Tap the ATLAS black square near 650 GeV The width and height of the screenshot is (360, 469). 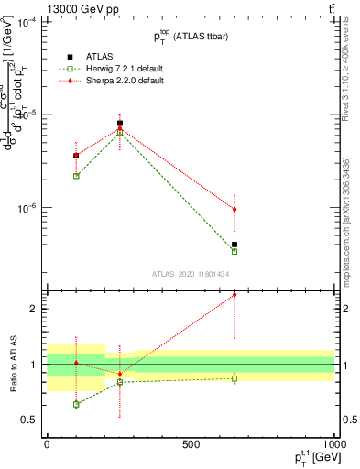click(235, 245)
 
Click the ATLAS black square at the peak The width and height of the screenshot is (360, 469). click(120, 123)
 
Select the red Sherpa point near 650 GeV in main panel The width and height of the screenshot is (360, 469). click(235, 209)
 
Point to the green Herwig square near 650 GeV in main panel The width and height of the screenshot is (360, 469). click(235, 251)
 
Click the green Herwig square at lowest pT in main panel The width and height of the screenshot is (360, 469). click(76, 175)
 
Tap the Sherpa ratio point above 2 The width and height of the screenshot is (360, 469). click(235, 294)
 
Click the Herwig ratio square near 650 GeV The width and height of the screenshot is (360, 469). click(235, 378)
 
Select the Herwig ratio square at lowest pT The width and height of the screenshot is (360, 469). click(76, 404)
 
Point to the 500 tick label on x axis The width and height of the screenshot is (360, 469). click(191, 443)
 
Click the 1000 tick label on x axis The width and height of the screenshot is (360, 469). click(332, 443)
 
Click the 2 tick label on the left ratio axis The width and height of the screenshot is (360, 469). click(33, 309)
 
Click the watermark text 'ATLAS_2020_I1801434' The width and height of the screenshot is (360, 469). click(190, 274)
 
